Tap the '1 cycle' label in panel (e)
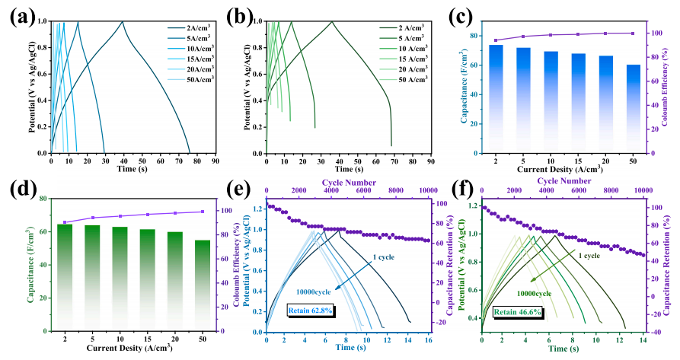(384, 257)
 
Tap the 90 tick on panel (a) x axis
(216, 161)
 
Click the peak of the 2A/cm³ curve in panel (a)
(123, 21)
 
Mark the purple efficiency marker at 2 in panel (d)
(65, 222)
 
